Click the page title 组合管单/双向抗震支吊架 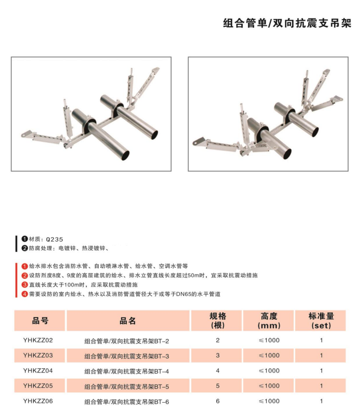[287, 23]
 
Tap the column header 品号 [40, 320]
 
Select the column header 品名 [127, 320]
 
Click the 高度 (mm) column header [269, 321]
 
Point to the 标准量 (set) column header [321, 321]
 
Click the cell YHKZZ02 [38, 340]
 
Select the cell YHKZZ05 [38, 386]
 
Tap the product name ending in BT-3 [126, 356]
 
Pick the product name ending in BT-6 [126, 402]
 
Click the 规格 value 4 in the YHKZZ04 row [218, 371]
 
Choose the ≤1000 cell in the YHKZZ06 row [269, 401]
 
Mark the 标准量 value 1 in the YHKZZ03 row [321, 355]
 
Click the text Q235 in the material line [55, 240]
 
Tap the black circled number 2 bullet [25, 248]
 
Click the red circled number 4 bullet [25, 294]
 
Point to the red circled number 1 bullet [25, 266]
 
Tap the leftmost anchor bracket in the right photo [199, 141]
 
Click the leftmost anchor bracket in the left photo [27, 134]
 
